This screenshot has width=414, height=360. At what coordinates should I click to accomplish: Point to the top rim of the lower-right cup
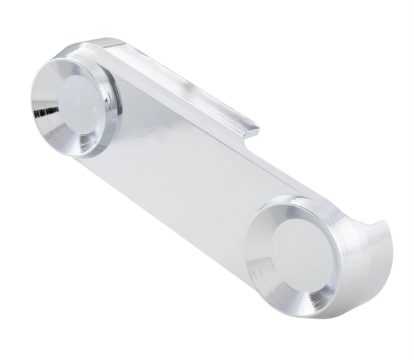click(290, 202)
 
